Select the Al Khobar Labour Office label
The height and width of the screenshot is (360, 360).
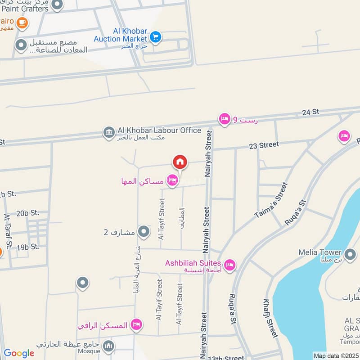159,130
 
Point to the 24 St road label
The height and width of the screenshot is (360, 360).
310,112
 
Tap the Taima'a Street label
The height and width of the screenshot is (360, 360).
271,200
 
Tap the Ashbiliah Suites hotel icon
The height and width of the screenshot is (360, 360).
229,265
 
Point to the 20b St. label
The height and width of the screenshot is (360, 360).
27,213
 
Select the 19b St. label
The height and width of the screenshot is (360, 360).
28,247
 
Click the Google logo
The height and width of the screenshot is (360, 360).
18,353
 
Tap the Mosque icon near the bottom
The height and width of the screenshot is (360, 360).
108,346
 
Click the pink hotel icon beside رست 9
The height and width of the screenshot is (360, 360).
224,119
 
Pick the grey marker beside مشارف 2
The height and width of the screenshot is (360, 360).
144,232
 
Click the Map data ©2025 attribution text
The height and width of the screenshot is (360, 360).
336,355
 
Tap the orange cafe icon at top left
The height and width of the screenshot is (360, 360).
21,22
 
